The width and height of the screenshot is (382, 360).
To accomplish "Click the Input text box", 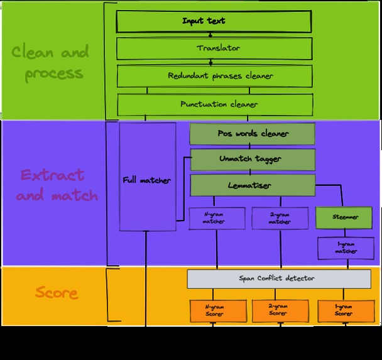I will (x=214, y=21).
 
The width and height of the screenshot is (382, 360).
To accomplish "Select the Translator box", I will (x=214, y=48).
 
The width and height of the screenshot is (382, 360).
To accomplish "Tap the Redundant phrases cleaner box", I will (x=214, y=76).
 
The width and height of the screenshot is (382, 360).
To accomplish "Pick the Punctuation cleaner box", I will (x=214, y=104).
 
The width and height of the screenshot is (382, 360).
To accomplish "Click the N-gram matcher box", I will (x=214, y=218).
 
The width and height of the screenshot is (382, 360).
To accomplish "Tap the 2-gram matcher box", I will (x=280, y=218).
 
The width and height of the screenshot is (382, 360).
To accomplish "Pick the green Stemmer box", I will (x=345, y=217).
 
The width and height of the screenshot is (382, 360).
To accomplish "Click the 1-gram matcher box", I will (x=345, y=248).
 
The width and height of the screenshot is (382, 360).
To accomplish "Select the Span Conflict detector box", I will (x=279, y=278).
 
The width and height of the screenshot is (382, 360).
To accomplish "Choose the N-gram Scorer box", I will (x=214, y=309).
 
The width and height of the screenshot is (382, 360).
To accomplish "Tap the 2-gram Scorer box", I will (x=280, y=309).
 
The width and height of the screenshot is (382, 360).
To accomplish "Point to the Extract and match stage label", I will (x=57, y=185).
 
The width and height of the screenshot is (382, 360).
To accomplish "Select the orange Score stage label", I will (x=57, y=293).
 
